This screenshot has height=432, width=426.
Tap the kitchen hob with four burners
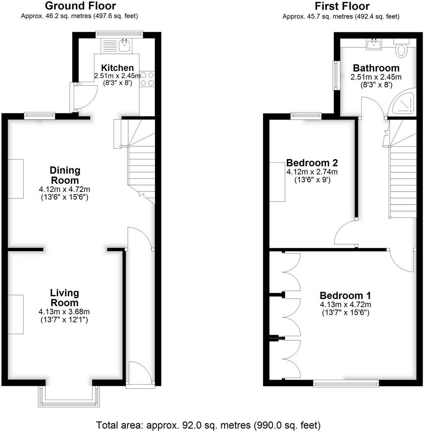(147, 79)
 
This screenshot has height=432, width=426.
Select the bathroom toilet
(401, 49)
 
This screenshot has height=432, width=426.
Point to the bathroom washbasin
(374, 44)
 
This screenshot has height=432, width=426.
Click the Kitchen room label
(117, 68)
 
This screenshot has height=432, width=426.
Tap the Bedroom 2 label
(312, 162)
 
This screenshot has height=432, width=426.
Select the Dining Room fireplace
(16, 179)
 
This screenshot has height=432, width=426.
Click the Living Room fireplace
(16, 314)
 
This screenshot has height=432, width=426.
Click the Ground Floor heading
(80, 6)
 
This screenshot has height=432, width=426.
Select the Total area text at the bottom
(208, 425)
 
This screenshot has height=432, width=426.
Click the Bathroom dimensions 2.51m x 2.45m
(376, 77)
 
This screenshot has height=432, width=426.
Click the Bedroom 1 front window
(346, 383)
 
